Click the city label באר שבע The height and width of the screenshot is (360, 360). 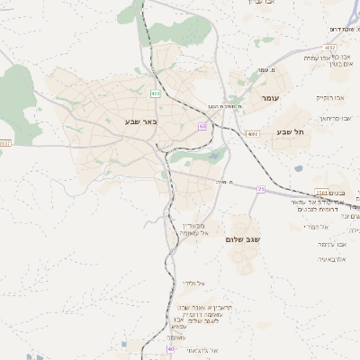pyautogui.click(x=140, y=121)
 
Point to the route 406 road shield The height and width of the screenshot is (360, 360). pyautogui.click(x=157, y=93)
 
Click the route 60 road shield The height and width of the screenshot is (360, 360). pyautogui.click(x=202, y=127)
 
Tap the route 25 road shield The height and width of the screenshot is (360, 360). pyautogui.click(x=261, y=189)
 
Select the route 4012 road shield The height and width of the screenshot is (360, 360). pyautogui.click(x=330, y=48)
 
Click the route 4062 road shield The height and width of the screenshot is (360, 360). pyautogui.click(x=253, y=134)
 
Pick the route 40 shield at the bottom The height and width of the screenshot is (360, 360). pyautogui.click(x=171, y=347)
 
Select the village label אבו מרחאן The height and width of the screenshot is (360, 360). pyautogui.click(x=338, y=118)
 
